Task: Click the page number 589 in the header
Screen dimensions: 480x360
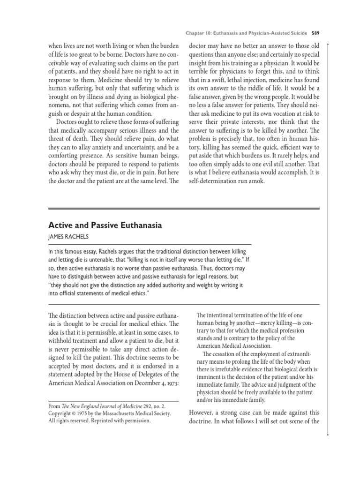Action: [x=315, y=33]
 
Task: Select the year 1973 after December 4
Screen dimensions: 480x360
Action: [x=170, y=382]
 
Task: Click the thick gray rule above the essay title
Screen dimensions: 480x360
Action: [x=184, y=208]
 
